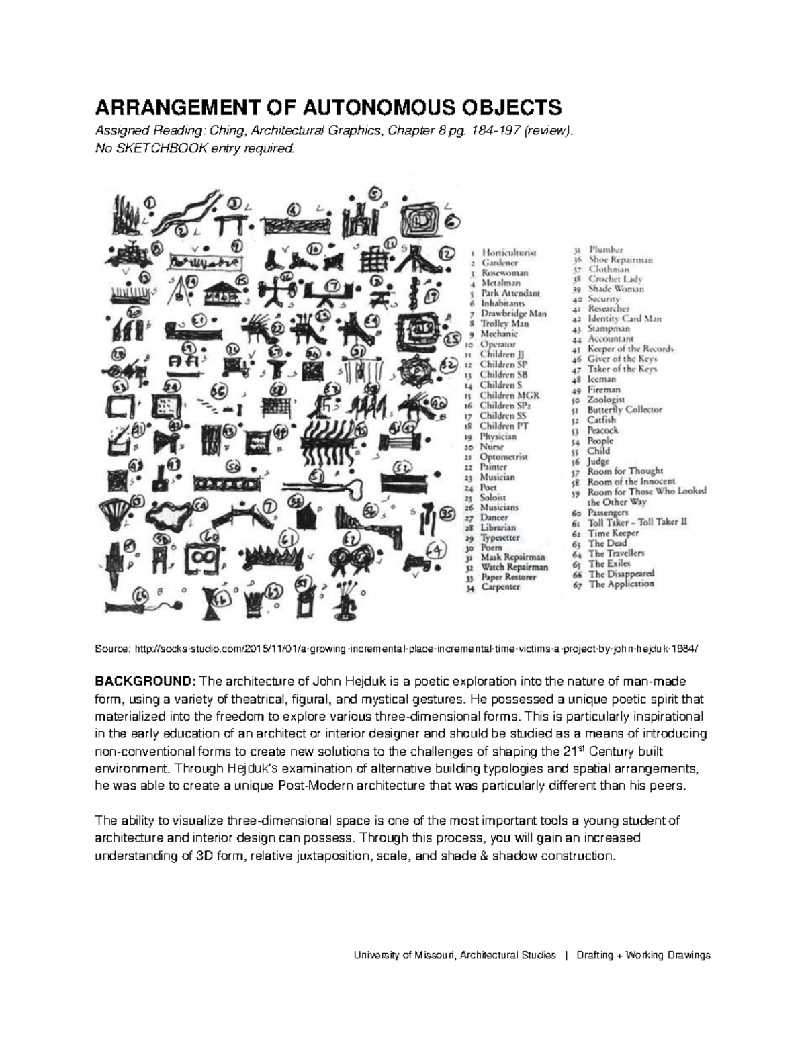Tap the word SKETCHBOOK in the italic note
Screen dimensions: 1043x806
coord(154,148)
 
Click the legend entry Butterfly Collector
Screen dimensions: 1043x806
coord(624,409)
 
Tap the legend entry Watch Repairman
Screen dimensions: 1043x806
coord(514,567)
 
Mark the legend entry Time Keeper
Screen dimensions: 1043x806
coord(613,533)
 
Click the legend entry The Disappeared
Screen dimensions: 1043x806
coord(621,574)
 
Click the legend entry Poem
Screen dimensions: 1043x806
coord(491,547)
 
